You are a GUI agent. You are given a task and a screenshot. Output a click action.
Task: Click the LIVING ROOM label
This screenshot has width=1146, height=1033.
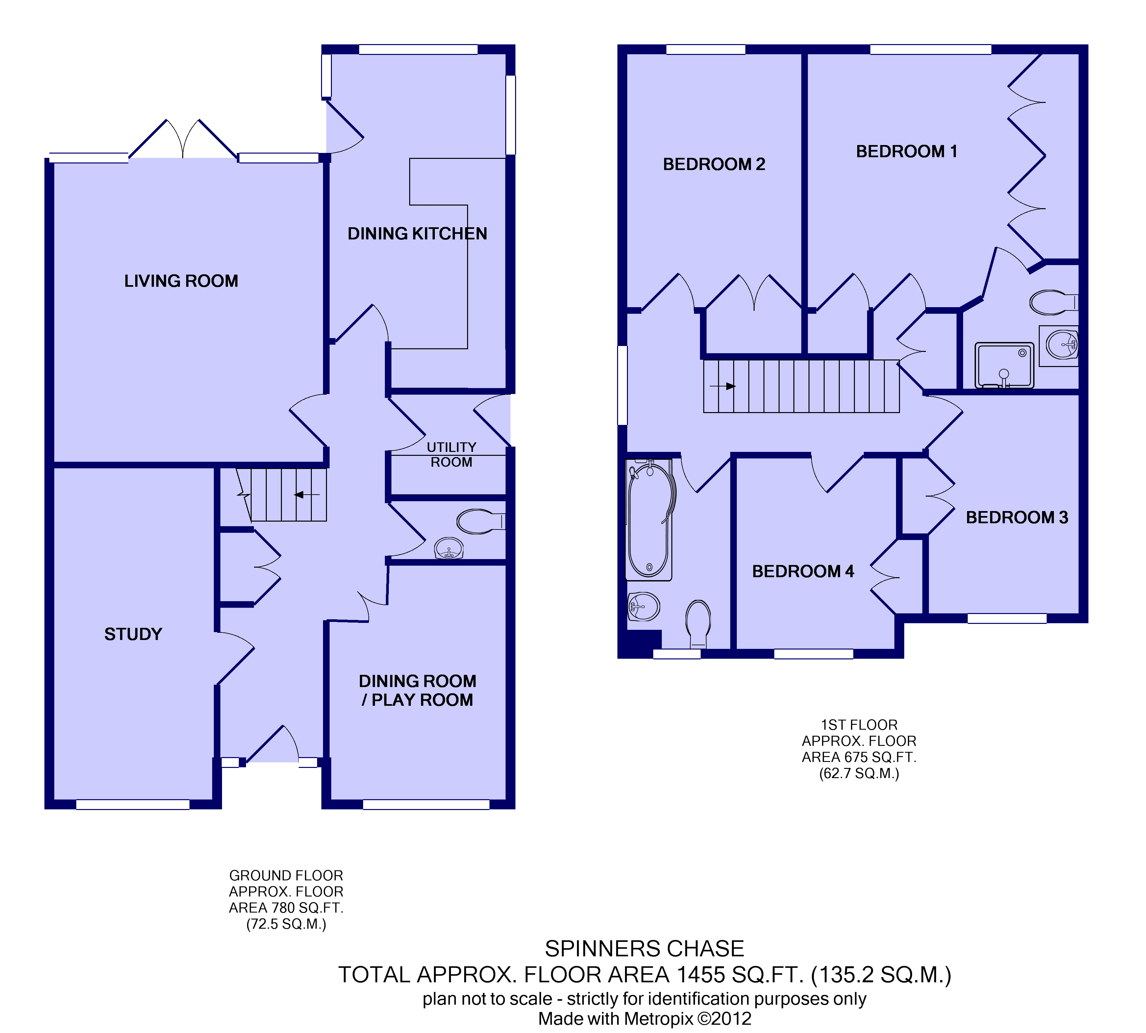pos(181,281)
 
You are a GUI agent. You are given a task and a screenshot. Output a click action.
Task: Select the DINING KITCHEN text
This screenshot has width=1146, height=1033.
pos(417,233)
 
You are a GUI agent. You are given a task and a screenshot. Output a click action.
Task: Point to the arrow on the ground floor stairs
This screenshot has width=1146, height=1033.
pos(307,495)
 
